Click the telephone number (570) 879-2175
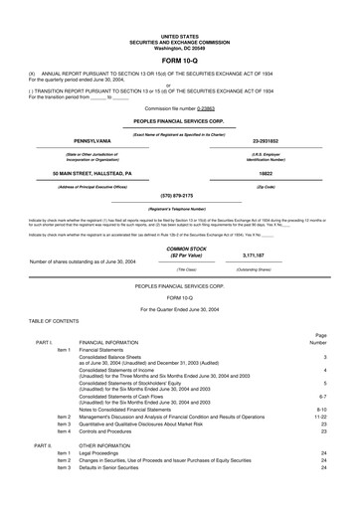click(x=179, y=168)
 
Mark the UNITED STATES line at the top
click(x=179, y=5)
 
